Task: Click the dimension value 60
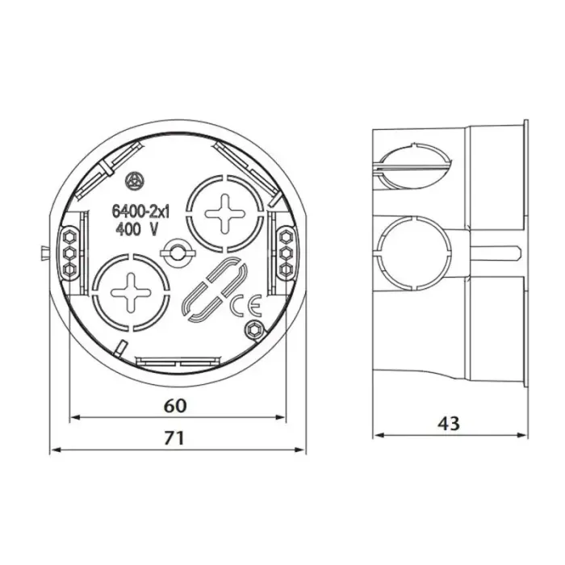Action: click(175, 406)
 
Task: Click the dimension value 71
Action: click(174, 438)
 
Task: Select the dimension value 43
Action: click(449, 424)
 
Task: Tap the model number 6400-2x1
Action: click(141, 211)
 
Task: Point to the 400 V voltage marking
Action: click(137, 229)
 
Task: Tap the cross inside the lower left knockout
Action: click(131, 293)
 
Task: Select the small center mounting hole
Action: click(177, 252)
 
